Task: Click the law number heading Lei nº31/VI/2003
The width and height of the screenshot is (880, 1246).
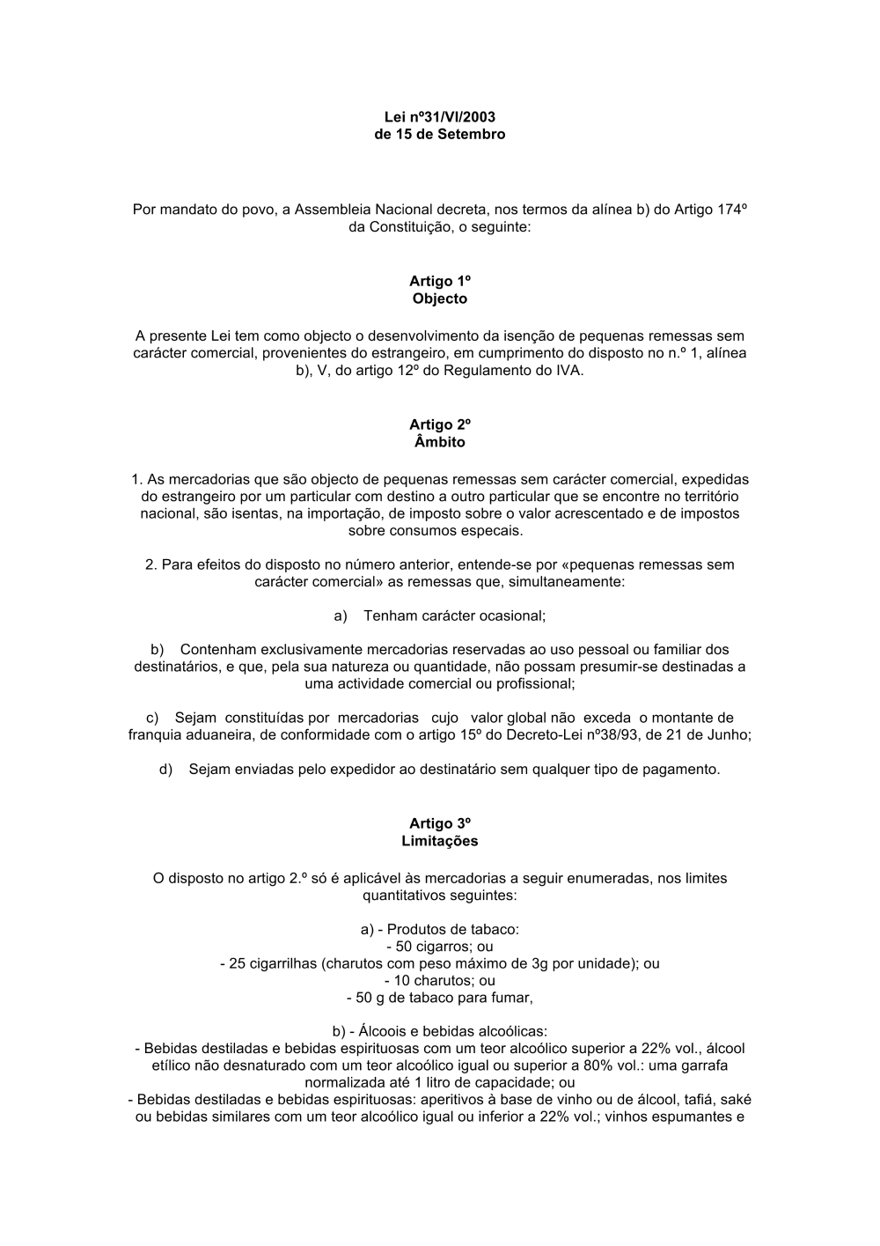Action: coord(439,117)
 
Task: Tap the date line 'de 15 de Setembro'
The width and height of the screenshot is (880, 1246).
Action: coord(439,135)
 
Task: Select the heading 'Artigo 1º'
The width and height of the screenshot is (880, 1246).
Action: coord(439,281)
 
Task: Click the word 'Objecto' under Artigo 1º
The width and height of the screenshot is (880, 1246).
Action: coord(439,299)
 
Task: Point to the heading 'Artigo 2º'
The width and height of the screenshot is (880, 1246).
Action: coord(439,424)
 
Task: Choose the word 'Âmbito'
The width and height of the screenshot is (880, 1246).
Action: coord(439,442)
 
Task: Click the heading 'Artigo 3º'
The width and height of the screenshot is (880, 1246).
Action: coord(439,823)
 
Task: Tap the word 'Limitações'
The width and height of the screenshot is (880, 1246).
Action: coord(439,841)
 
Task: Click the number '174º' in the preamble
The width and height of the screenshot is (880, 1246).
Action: coord(730,210)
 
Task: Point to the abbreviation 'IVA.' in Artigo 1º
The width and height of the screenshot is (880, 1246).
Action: coord(568,371)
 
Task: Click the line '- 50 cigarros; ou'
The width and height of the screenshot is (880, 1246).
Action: coord(439,947)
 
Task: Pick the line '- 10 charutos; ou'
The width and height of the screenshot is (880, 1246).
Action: coord(439,980)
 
